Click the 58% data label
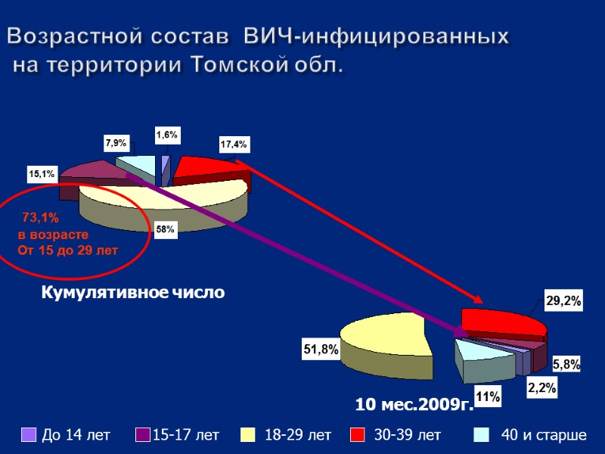166,229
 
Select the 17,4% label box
234,144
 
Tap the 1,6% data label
167,135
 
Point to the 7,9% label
116,142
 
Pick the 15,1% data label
42,174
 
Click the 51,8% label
321,350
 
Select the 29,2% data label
563,301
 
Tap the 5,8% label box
566,365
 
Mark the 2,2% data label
541,388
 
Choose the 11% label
488,396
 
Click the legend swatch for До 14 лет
29,435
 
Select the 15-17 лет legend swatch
143,435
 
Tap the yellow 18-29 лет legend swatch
247,435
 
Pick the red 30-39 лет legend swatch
359,435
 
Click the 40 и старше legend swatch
479,435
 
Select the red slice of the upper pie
208,169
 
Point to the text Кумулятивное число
133,292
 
